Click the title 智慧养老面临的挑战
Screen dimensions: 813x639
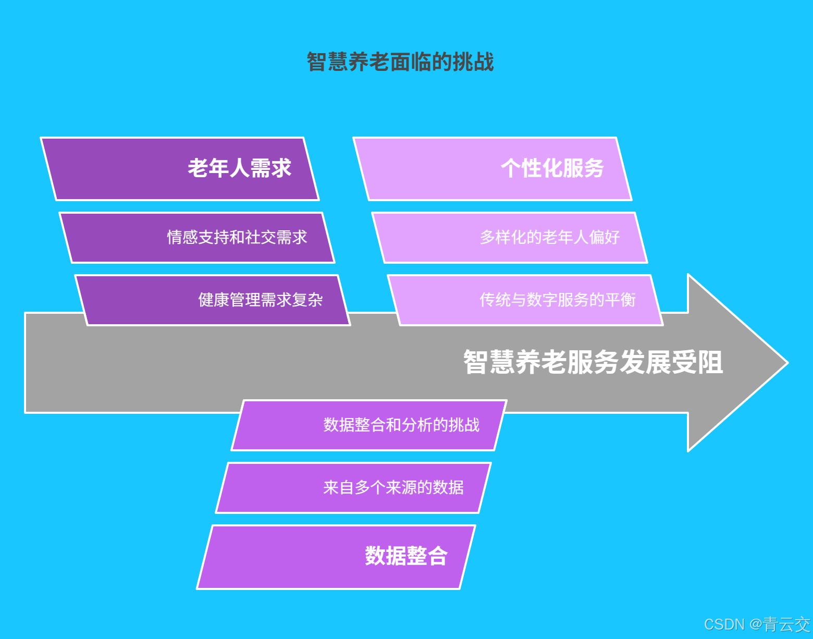coord(400,62)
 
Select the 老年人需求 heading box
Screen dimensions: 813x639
coord(180,169)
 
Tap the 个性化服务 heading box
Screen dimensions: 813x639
coord(492,169)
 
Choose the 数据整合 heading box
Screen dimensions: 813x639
coord(336,557)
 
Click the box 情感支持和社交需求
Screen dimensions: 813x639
coord(197,238)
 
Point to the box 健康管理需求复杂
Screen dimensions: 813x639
coord(213,300)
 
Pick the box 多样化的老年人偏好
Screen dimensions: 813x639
coord(510,238)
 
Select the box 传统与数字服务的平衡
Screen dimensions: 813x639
coord(525,300)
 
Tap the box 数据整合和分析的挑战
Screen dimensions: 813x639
coord(369,425)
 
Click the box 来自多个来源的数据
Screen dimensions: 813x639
coord(353,488)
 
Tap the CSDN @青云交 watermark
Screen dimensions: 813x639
coord(757,624)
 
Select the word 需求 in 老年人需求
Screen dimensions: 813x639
coord(271,169)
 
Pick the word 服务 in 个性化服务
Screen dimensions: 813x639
coord(584,169)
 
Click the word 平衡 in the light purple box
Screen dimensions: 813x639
coord(620,300)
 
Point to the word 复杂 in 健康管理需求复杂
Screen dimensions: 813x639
coord(307,300)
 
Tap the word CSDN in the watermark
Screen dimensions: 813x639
coord(724,624)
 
